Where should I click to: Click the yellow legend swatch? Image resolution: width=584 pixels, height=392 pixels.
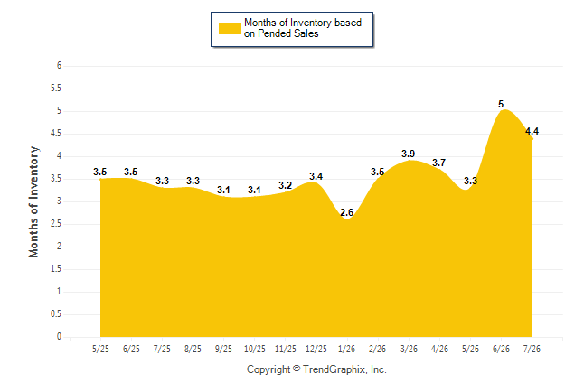pos(230,29)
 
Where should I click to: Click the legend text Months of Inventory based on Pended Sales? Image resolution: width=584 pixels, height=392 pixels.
pos(303,28)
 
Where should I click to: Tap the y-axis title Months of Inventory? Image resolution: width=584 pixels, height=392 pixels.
pos(33,201)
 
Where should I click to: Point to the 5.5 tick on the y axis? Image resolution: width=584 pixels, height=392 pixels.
pos(56,89)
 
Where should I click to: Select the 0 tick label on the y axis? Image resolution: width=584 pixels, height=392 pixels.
pos(60,337)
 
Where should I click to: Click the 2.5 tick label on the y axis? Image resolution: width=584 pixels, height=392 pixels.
pos(56,224)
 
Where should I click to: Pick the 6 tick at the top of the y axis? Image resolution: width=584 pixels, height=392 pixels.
pos(60,66)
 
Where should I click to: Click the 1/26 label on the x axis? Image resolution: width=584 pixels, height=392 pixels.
pos(347,349)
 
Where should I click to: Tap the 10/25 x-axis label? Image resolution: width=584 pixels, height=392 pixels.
pos(255,349)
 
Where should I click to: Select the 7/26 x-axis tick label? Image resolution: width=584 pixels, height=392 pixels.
pos(532,349)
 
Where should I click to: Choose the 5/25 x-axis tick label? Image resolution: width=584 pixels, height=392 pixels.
pos(100,349)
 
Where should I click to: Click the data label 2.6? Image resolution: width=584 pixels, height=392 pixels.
pos(347,212)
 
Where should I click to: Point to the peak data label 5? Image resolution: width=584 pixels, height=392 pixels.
pos(501,104)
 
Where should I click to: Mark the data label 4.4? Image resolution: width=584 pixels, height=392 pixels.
pos(532,131)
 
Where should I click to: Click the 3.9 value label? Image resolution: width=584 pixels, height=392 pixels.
pos(409,154)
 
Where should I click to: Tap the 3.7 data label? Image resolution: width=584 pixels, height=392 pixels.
pos(439,163)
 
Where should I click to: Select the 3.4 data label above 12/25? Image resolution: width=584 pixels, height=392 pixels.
pos(316,176)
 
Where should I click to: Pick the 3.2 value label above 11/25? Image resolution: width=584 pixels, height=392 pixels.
pos(286,185)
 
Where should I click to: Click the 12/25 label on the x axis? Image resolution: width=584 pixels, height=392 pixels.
pos(316,349)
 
